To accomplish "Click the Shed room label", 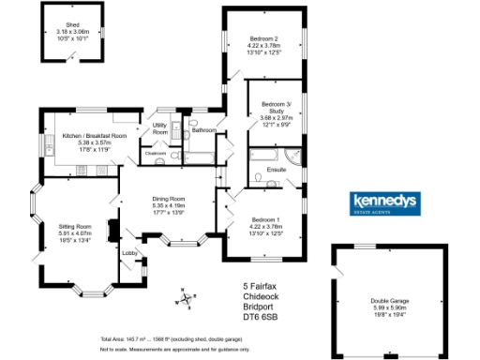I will [72, 25].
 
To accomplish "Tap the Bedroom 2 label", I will [262, 38].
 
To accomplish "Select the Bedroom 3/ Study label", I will [277, 102].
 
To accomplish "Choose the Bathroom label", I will [204, 129].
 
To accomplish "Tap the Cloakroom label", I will [156, 152].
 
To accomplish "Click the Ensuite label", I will [276, 169].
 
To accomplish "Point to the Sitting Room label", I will [76, 226].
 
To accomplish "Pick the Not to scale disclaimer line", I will [174, 349].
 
